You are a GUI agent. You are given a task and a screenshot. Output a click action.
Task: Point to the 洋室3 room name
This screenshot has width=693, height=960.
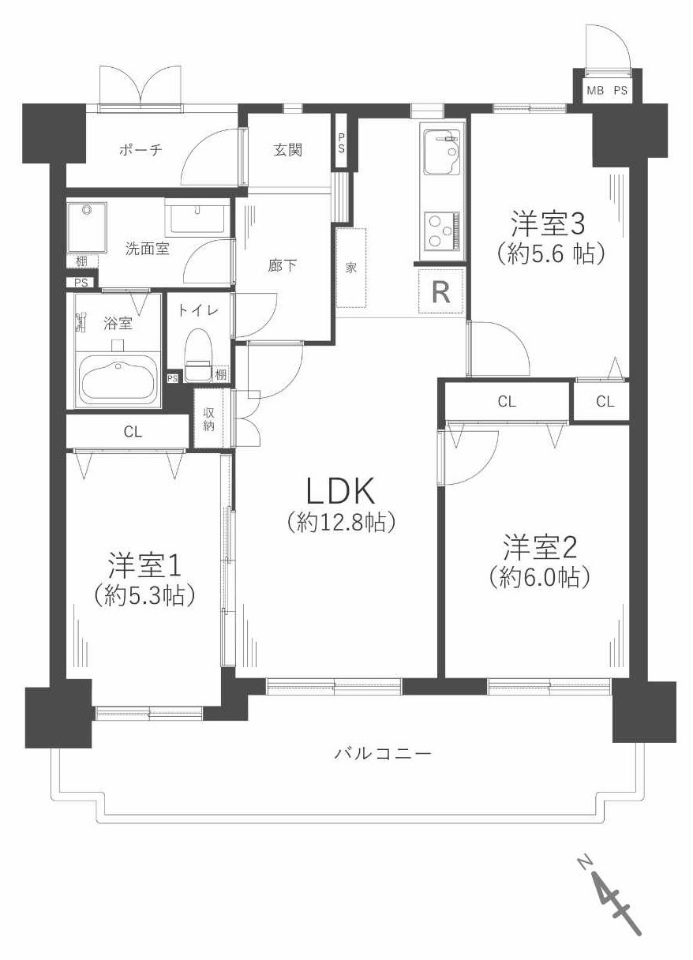[546, 223]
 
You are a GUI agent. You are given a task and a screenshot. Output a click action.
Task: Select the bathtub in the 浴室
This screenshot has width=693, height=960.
[118, 380]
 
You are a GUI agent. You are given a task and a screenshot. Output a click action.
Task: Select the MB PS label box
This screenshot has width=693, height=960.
[607, 91]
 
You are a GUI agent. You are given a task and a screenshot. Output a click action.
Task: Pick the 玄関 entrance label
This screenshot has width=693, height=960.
[288, 150]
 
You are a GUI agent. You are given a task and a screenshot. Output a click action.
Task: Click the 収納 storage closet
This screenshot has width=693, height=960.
[210, 420]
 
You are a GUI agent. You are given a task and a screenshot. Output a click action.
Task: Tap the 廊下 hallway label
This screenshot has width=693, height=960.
[283, 265]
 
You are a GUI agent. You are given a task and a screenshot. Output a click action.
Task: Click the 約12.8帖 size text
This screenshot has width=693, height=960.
[340, 522]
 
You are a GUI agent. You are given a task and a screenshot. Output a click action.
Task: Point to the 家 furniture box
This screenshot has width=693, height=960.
[351, 268]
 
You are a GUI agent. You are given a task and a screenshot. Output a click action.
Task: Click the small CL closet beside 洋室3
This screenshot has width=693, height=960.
[604, 402]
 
